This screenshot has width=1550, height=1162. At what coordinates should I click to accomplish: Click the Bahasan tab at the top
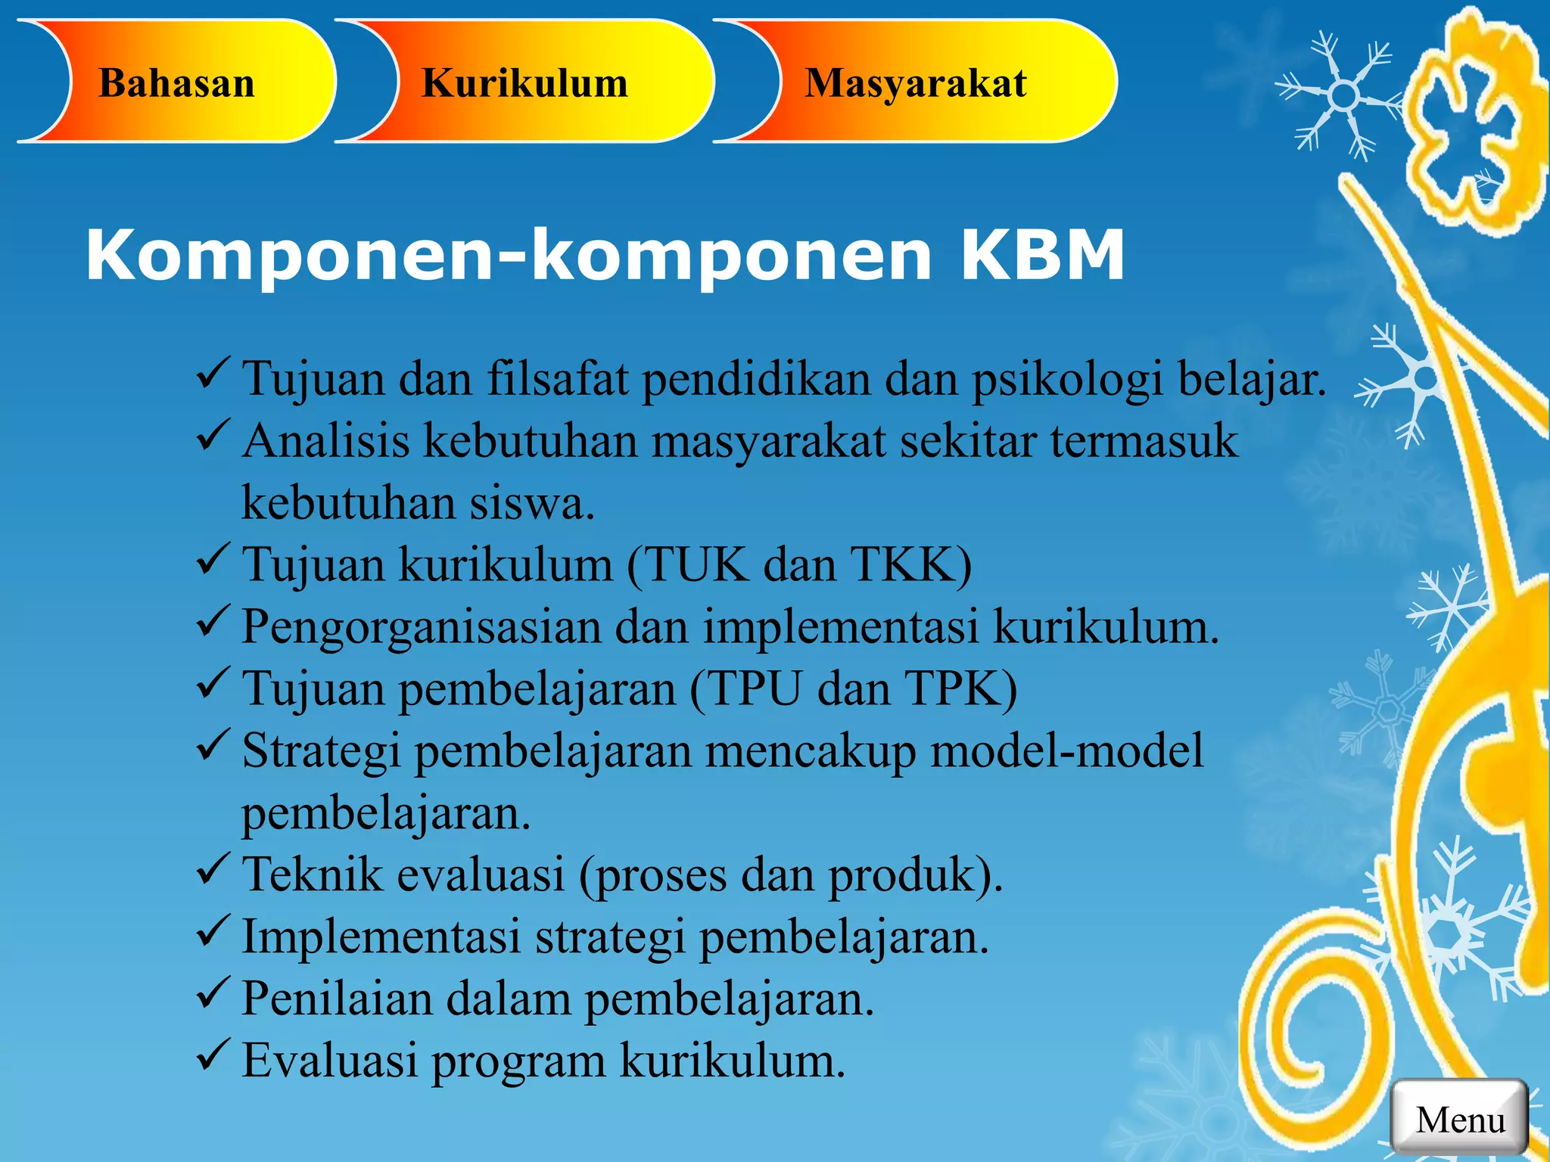click(x=176, y=82)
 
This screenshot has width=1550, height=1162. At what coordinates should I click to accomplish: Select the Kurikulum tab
click(x=524, y=82)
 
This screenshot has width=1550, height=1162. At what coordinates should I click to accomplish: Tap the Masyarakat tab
click(x=915, y=82)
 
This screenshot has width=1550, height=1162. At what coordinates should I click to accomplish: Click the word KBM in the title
click(x=1042, y=256)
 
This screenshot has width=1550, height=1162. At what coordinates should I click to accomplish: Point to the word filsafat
click(x=558, y=378)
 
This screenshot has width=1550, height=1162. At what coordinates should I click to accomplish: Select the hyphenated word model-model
click(x=1066, y=750)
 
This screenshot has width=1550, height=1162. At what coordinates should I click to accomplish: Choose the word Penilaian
click(x=336, y=999)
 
